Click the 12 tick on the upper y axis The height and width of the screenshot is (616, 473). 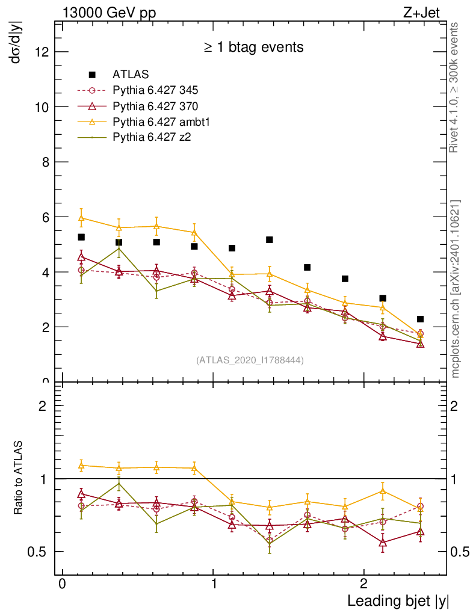tap(42, 52)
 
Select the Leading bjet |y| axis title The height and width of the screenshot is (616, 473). tap(398, 600)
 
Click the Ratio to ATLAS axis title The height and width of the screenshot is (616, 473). tap(19, 478)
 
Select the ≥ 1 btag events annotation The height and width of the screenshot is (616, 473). tap(253, 47)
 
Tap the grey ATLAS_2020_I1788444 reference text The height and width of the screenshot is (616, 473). tap(250, 360)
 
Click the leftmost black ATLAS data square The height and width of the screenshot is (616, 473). tap(81, 238)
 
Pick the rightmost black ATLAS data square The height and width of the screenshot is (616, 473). tap(420, 319)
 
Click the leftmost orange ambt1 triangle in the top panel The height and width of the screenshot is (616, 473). tap(81, 217)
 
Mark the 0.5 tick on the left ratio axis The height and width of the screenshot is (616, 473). tap(40, 552)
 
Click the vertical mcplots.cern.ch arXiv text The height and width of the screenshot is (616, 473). tap(456, 289)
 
